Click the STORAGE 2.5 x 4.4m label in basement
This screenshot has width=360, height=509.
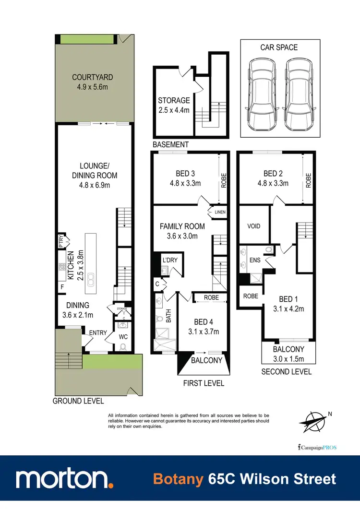click(x=174, y=101)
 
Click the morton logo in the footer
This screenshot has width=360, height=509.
click(x=64, y=478)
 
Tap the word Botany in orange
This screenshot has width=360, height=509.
click(x=179, y=479)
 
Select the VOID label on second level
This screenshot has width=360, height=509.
click(x=253, y=225)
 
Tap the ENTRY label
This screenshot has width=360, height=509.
click(x=97, y=332)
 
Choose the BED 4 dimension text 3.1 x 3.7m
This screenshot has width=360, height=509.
click(x=203, y=331)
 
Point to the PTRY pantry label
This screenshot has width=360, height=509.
click(x=61, y=240)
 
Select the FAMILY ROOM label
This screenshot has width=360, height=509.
click(x=182, y=226)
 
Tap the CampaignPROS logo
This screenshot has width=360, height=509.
click(x=317, y=448)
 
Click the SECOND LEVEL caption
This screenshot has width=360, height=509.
click(x=286, y=371)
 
